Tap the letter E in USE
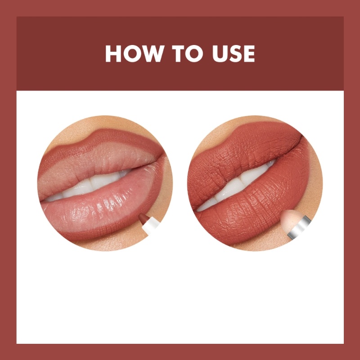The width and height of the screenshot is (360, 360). [248, 54]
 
